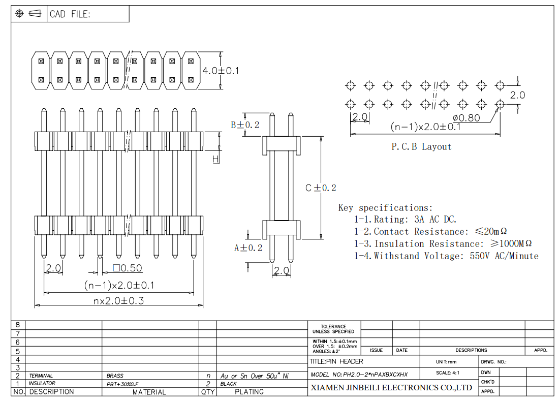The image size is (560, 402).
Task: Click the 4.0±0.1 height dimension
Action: pyautogui.click(x=221, y=71)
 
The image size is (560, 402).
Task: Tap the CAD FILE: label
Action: pyautogui.click(x=70, y=14)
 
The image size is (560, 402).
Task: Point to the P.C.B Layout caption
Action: pyautogui.click(x=421, y=146)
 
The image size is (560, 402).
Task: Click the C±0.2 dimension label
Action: pyautogui.click(x=321, y=188)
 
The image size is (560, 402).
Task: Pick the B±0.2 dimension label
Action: pyautogui.click(x=245, y=125)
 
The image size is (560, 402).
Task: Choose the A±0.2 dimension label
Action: pyautogui.click(x=248, y=248)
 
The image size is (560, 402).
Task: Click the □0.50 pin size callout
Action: pyautogui.click(x=128, y=268)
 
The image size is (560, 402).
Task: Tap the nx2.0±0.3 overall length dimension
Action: pyautogui.click(x=118, y=300)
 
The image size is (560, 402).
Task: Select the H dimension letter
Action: pyautogui.click(x=215, y=160)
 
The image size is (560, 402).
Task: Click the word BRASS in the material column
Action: pyautogui.click(x=115, y=376)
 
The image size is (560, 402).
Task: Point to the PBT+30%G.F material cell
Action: pyautogui.click(x=122, y=384)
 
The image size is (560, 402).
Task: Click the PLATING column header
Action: pyautogui.click(x=249, y=392)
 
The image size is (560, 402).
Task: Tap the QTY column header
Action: pyautogui.click(x=207, y=392)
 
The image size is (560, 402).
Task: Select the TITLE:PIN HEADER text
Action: pyautogui.click(x=336, y=361)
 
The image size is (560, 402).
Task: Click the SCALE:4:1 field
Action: pyautogui.click(x=448, y=373)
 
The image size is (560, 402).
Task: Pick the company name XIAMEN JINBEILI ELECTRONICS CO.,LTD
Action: pyautogui.click(x=391, y=388)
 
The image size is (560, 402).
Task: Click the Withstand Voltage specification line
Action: pyautogui.click(x=446, y=256)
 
